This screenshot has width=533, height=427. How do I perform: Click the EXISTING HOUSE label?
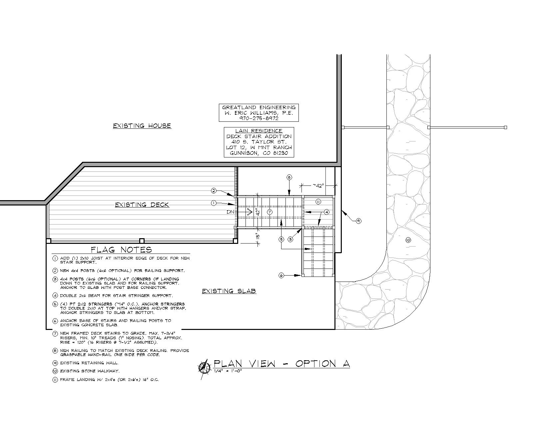pyautogui.click(x=142, y=126)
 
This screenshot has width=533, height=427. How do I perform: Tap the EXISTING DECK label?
pyautogui.click(x=142, y=205)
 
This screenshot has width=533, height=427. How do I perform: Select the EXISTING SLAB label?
pyautogui.click(x=229, y=291)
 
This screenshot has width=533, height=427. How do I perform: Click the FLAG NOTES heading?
pyautogui.click(x=121, y=250)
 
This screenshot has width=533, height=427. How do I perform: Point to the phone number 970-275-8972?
pyautogui.click(x=259, y=118)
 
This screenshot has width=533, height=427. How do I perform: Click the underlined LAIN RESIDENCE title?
pyautogui.click(x=259, y=131)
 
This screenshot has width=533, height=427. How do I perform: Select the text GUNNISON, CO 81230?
pyautogui.click(x=259, y=153)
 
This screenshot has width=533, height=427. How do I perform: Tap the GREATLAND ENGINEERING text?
pyautogui.click(x=259, y=107)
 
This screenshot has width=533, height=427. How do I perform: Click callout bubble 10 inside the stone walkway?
pyautogui.click(x=408, y=240)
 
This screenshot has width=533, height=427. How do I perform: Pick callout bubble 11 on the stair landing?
pyautogui.click(x=318, y=202)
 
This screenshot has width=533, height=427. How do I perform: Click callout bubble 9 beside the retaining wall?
pyautogui.click(x=358, y=221)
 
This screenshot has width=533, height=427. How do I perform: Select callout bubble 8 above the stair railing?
pyautogui.click(x=289, y=177)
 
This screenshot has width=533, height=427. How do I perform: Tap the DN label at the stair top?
pyautogui.click(x=230, y=212)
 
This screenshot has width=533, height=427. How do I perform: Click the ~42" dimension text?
pyautogui.click(x=318, y=185)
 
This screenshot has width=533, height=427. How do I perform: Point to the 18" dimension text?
pyautogui.click(x=258, y=236)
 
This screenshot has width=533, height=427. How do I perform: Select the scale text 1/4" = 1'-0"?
pyautogui.click(x=228, y=371)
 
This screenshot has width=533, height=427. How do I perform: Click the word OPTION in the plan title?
pyautogui.click(x=315, y=364)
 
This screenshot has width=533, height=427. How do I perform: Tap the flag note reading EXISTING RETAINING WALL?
pyautogui.click(x=89, y=363)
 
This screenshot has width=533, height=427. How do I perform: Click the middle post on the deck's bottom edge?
pyautogui.click(x=142, y=241)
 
